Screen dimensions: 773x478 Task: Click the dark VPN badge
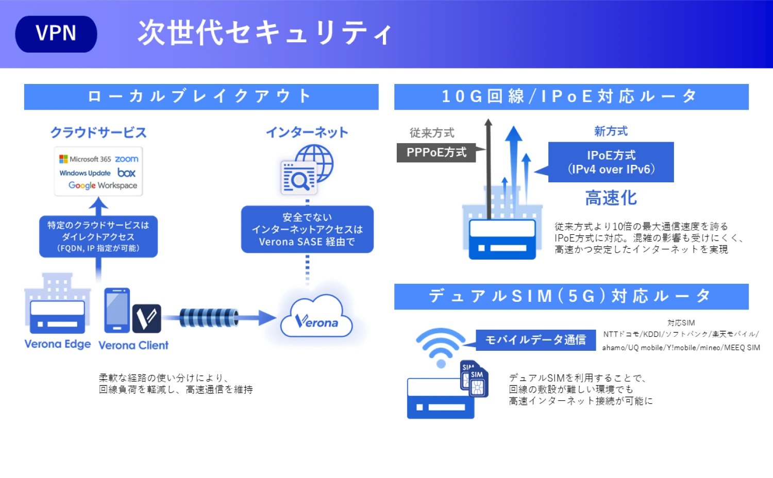coord(56,34)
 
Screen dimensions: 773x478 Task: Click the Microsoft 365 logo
coord(85,159)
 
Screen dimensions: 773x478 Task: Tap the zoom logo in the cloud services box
coord(127,159)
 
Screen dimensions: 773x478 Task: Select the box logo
coord(126,173)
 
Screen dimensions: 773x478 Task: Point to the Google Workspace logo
coord(103,185)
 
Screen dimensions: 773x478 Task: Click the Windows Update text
coord(85,173)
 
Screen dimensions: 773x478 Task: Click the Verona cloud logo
coord(316,316)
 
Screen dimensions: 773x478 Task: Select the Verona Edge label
coord(58,344)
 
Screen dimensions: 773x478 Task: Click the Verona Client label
coord(133,345)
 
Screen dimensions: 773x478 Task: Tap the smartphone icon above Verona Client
coord(117,310)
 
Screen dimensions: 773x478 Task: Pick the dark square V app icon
coord(147,318)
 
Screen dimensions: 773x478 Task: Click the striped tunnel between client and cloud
coord(209,317)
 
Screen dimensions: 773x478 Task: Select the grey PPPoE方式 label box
coord(436,152)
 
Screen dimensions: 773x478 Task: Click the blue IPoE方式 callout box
coord(611,162)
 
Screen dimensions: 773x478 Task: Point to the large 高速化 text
coord(611,198)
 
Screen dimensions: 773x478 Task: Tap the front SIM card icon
coord(479,383)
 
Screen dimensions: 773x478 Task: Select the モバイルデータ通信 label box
coord(535,340)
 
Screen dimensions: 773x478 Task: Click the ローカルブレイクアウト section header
coord(201,97)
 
